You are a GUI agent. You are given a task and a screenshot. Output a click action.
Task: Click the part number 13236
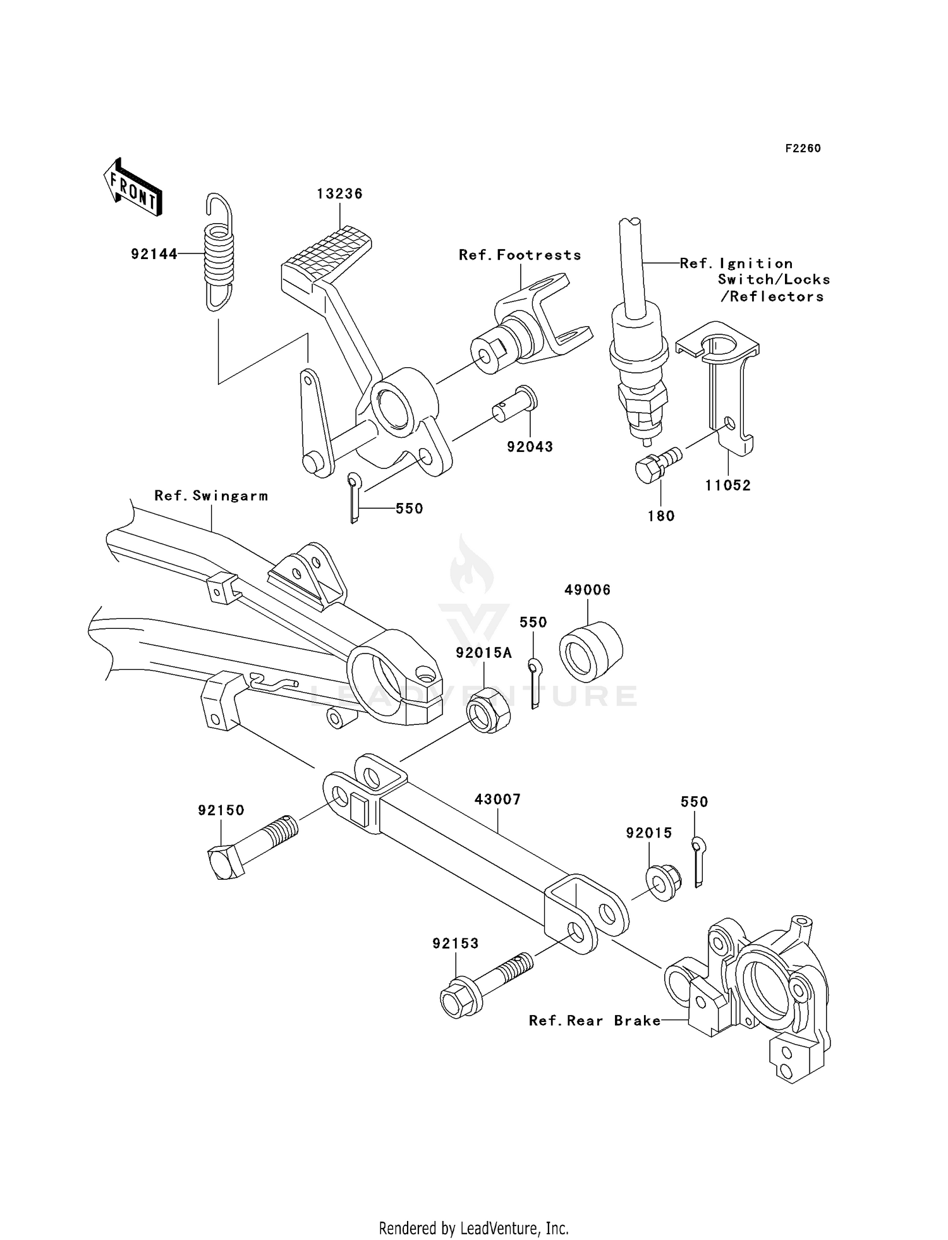340,194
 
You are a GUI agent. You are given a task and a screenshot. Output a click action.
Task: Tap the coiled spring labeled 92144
218,253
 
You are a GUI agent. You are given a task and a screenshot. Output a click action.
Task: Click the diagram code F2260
803,149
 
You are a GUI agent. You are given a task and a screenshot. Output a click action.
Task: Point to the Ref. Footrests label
520,255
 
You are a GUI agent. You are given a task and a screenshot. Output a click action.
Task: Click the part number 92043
530,447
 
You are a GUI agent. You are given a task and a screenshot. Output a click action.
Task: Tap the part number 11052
728,485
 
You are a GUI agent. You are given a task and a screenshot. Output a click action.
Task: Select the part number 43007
497,799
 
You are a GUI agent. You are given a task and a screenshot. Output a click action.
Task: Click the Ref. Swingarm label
211,496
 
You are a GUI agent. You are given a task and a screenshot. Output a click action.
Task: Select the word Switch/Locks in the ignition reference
774,280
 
